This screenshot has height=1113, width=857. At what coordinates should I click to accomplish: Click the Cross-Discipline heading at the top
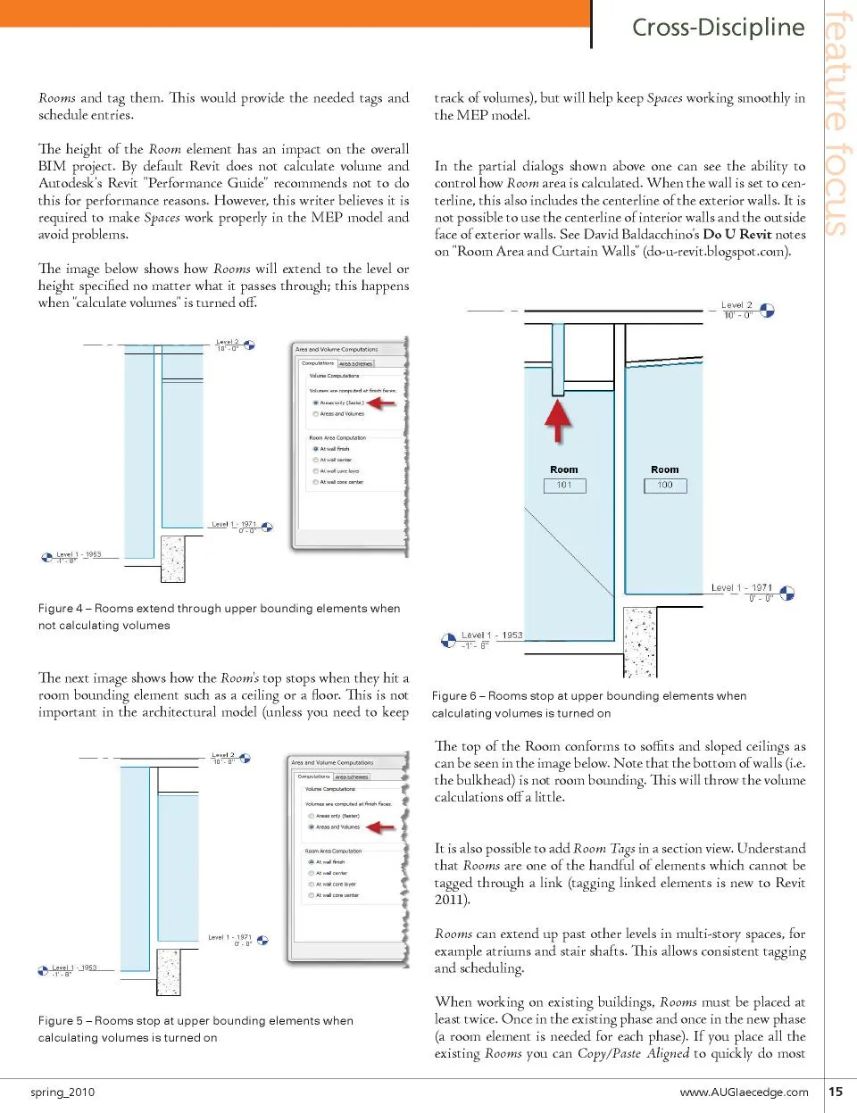[718, 28]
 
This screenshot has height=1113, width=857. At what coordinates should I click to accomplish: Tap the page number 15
[836, 1091]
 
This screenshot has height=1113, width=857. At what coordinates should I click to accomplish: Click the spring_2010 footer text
[62, 1092]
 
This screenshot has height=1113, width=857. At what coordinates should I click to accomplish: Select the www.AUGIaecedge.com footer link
[744, 1092]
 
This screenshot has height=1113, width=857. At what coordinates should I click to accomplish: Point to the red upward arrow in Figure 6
[558, 420]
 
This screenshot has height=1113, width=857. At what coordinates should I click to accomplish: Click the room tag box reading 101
[564, 486]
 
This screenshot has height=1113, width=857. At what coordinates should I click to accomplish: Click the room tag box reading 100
[665, 486]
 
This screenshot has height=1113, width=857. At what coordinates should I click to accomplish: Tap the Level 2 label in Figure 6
[736, 305]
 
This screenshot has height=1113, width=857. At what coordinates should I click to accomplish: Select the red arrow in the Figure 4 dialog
[381, 403]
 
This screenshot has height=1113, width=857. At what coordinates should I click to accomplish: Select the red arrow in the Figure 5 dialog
[381, 827]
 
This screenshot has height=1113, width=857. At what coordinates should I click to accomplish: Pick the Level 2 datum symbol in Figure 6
[767, 311]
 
